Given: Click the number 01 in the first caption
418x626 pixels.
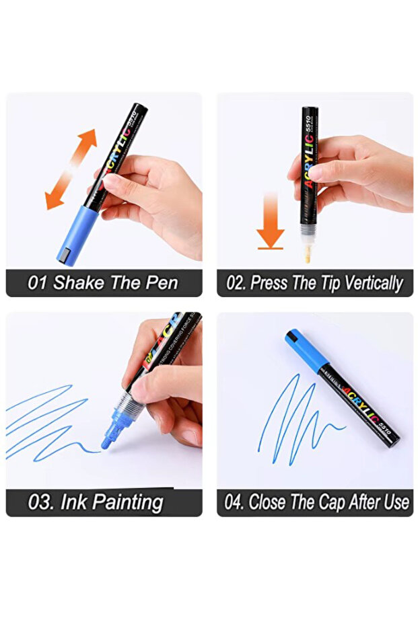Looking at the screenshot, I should coord(37,282).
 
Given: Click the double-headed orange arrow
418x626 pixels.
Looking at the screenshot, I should coord(71,169).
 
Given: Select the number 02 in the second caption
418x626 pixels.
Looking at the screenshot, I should coord(236,283).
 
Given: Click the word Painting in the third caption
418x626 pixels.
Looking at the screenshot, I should coord(128,502).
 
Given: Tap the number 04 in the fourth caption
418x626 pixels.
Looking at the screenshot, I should coord(234,502).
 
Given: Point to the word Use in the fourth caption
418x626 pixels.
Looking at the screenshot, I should coord(396,502).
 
